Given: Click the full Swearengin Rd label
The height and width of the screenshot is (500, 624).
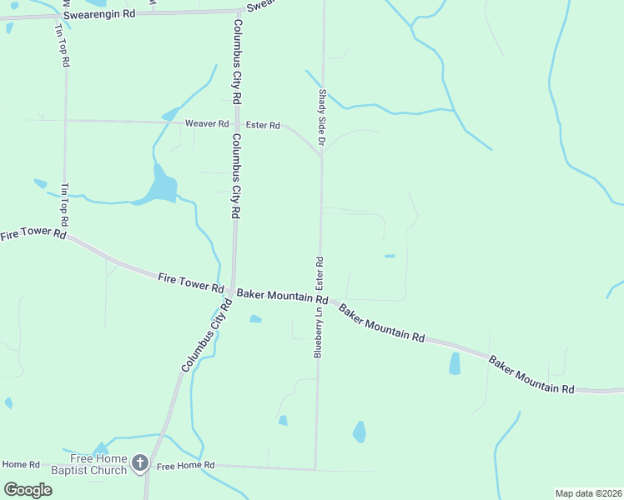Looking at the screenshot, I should [98, 15].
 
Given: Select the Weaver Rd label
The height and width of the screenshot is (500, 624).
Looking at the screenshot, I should [206, 123].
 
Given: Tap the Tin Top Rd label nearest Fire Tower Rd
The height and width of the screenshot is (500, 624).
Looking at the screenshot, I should [63, 206].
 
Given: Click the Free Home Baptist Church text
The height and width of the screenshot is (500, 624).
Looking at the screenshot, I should [98, 464].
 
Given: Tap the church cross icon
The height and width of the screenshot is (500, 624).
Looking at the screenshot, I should [140, 462].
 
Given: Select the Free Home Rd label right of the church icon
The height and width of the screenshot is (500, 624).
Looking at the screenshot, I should [185, 465].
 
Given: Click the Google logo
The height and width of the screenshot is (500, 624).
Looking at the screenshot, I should [28, 489].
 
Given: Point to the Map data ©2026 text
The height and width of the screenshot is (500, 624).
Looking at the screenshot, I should [588, 493].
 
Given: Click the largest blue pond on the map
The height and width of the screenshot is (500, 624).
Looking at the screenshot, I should [162, 187].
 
